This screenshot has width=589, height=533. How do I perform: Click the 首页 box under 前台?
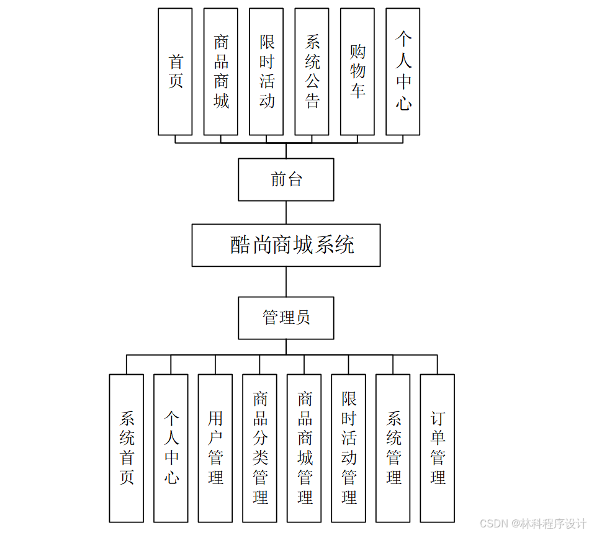click(x=175, y=71)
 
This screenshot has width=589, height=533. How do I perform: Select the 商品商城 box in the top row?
click(x=221, y=71)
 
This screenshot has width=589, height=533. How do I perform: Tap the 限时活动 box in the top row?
click(x=266, y=71)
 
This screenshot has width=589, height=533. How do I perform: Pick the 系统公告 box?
click(x=312, y=71)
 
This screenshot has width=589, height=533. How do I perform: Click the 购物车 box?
click(x=357, y=71)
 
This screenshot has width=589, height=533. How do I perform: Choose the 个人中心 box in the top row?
click(x=403, y=71)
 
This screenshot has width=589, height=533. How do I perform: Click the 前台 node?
click(x=286, y=179)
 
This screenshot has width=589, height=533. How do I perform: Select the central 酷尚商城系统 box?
click(x=286, y=245)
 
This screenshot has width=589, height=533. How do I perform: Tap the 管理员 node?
click(x=286, y=318)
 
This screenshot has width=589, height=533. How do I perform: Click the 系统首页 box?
click(x=127, y=448)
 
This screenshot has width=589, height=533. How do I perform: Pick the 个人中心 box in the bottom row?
click(x=171, y=448)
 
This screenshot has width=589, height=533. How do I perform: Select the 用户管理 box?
click(x=215, y=448)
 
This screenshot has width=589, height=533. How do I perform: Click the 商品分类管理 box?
click(x=260, y=448)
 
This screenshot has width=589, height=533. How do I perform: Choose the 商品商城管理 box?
click(x=304, y=448)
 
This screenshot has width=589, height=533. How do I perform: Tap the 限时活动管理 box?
click(x=349, y=448)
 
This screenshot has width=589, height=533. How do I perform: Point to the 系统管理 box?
click(x=393, y=448)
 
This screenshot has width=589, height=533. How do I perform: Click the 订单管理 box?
click(x=438, y=448)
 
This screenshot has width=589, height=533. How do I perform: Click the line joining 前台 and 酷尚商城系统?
click(x=286, y=212)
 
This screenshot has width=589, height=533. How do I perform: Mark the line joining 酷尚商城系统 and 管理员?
click(x=286, y=282)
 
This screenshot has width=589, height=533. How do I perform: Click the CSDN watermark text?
click(x=533, y=523)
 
